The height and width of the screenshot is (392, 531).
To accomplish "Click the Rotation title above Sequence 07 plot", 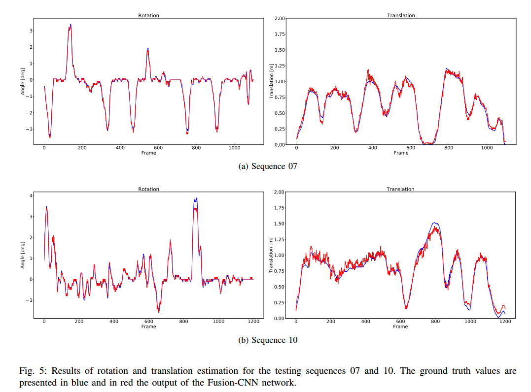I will click(148, 16).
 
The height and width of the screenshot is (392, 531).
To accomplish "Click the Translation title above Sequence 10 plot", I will click(400, 189).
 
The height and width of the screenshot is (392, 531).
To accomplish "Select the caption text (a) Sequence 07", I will click(267, 166).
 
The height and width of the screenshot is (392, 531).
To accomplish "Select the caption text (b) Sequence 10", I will click(268, 340).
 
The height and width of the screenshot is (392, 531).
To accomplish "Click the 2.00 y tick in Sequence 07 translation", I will click(279, 19).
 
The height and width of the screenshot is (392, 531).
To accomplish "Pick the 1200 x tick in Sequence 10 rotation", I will click(253, 322).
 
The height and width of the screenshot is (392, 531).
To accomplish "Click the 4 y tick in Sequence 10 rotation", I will click(31, 196).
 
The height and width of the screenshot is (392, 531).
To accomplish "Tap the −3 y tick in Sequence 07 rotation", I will click(30, 129).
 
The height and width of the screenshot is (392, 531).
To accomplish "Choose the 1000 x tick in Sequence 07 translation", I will click(487, 148).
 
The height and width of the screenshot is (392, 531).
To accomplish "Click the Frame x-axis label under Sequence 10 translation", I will click(400, 327).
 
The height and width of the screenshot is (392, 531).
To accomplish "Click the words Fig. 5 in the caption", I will click(33, 371).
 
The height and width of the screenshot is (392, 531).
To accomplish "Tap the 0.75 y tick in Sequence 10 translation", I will click(279, 271).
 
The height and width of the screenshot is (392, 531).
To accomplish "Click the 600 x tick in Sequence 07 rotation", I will click(158, 148).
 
